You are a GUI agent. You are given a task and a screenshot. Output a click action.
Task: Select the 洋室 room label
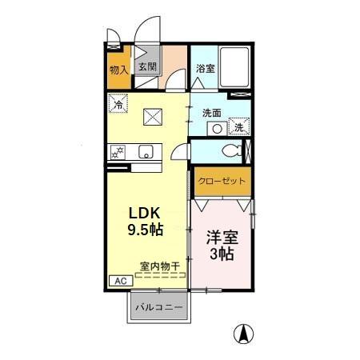(x=222, y=238)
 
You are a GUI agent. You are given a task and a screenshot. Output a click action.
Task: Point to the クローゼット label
(x=222, y=181)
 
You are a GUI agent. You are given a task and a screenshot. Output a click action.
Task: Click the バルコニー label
(x=158, y=307)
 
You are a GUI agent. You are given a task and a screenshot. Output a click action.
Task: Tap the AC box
(x=118, y=281)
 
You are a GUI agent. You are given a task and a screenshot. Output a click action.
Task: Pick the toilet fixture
(x=230, y=151)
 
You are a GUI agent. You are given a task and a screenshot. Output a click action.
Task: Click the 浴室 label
(x=205, y=69)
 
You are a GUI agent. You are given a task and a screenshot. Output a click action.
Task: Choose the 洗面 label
(x=211, y=113)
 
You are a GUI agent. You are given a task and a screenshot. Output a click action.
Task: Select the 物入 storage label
(x=118, y=70)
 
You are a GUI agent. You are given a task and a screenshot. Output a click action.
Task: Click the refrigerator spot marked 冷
(x=118, y=104)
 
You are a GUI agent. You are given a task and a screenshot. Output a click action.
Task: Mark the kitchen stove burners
(x=118, y=151)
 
